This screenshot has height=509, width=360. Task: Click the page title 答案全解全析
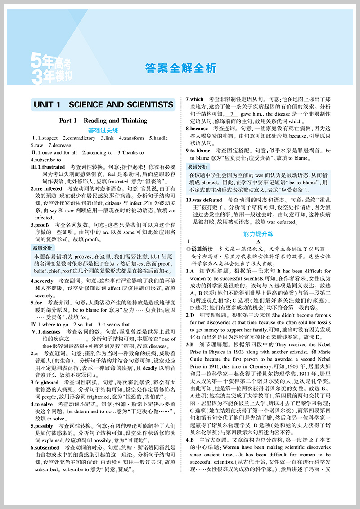181,68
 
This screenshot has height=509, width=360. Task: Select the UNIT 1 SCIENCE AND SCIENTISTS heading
103,105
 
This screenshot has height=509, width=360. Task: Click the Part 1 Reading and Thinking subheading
103,121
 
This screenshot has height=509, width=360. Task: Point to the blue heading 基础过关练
103,130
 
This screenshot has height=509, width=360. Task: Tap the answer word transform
132,138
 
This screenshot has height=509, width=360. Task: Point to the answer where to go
55,324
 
